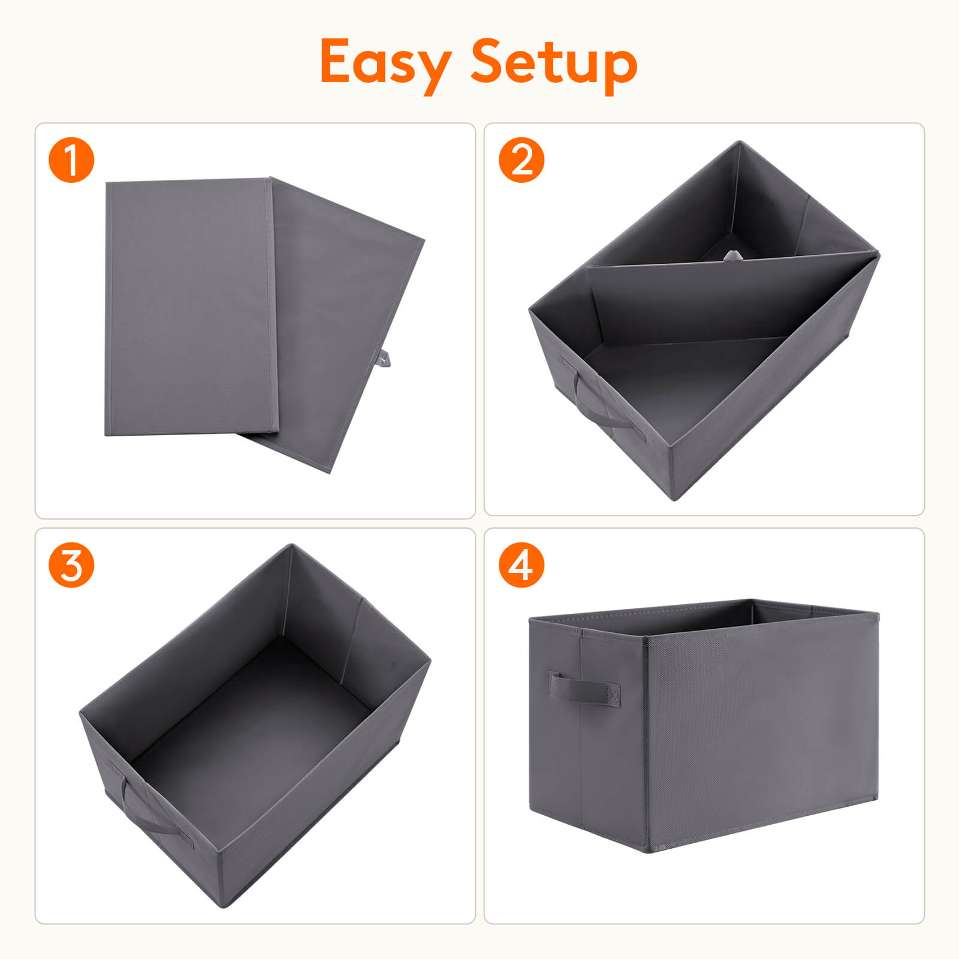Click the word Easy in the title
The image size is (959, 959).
pos(385,62)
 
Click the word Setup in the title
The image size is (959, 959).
pos(553,62)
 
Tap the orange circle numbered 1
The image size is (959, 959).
pos(71,159)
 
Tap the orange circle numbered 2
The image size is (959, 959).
pos(521,159)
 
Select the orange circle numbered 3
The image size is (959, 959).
pos(71,565)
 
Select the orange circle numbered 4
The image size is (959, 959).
pos(521,565)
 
